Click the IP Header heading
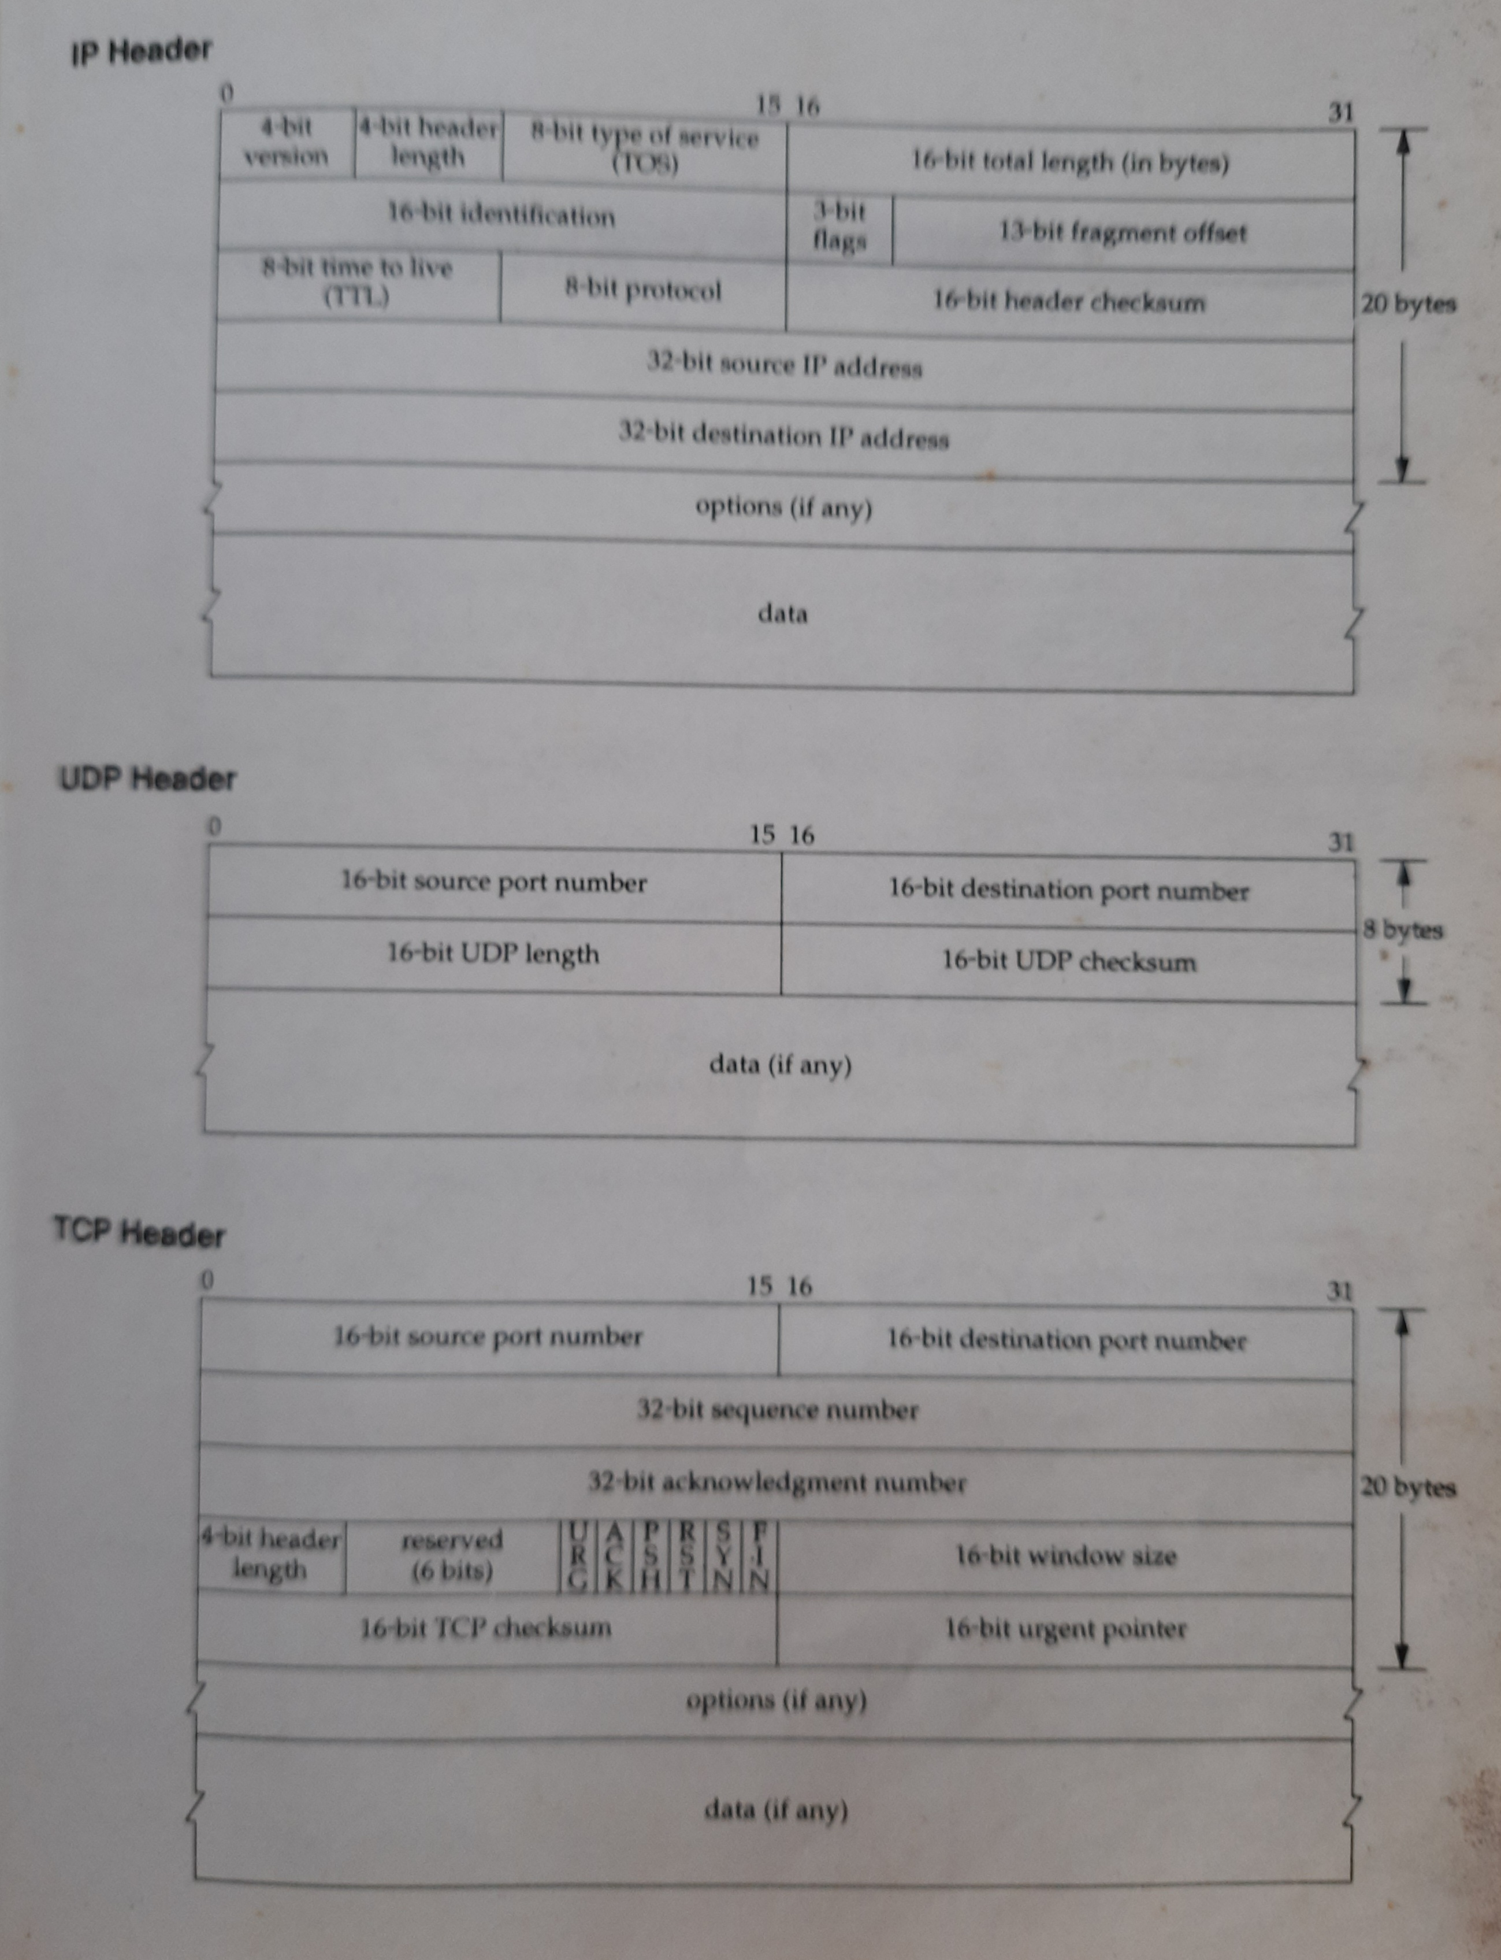[141, 51]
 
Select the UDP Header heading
[147, 779]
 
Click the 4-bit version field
[287, 143]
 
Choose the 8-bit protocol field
[643, 291]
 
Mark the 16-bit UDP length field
[493, 954]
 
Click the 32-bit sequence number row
[777, 1410]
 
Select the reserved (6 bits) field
[452, 1555]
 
